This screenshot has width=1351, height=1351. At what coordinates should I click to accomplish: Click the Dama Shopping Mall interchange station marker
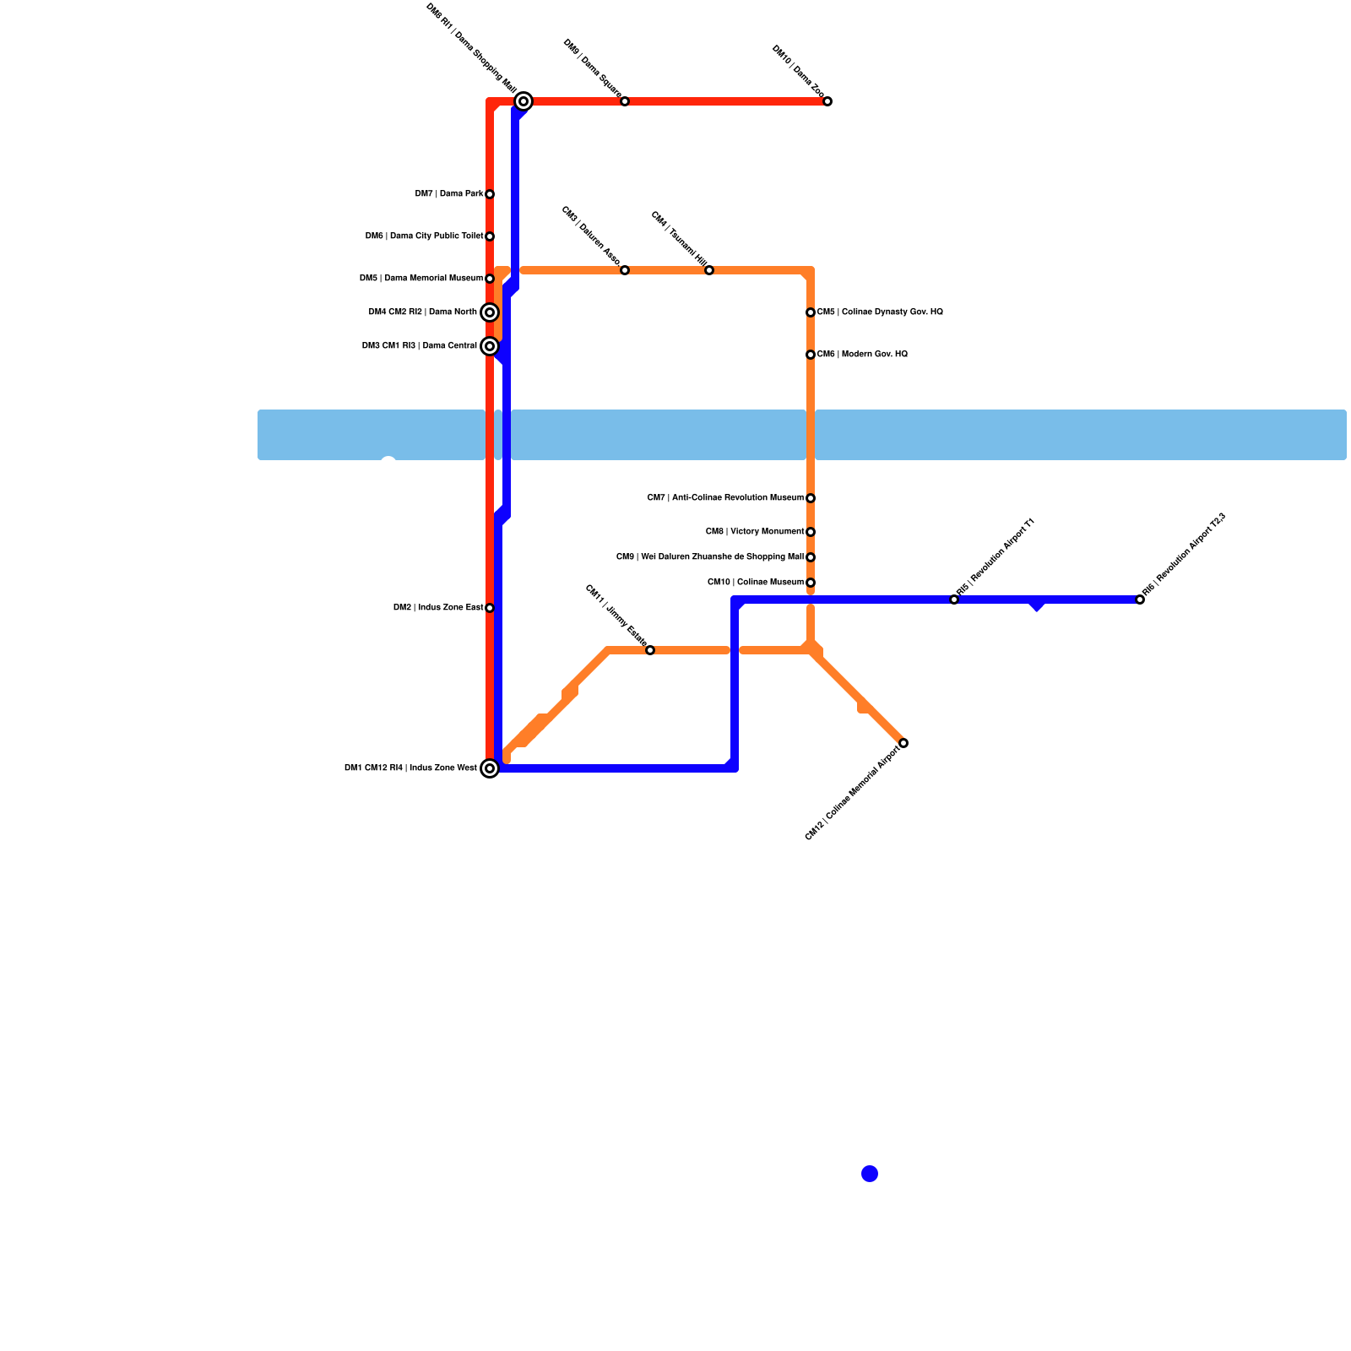[524, 101]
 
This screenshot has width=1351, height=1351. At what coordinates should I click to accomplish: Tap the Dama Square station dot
[625, 101]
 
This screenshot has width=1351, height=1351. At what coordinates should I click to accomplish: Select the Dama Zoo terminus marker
[827, 101]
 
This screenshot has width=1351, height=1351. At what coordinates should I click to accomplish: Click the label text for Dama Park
[449, 194]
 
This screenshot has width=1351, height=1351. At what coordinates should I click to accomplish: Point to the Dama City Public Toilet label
[424, 236]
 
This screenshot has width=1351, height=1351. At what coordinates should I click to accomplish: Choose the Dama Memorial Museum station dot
[490, 279]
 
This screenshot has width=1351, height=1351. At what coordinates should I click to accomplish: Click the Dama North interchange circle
[490, 312]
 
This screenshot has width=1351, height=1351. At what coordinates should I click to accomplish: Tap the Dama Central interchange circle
[490, 346]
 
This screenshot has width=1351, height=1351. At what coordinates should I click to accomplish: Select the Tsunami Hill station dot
[709, 270]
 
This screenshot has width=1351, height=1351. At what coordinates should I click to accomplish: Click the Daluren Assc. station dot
[625, 270]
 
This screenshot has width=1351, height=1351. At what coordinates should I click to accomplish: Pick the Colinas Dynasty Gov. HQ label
[880, 312]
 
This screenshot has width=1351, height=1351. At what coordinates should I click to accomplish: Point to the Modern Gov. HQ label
[862, 355]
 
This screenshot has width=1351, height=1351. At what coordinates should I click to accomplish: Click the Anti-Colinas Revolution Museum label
[725, 498]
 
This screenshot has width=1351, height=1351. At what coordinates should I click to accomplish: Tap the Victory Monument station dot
[811, 532]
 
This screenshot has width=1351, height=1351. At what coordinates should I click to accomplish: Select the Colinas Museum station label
[756, 583]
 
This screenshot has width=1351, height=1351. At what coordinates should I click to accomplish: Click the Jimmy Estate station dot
[650, 650]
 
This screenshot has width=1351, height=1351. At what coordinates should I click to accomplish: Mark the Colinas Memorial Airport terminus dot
[903, 743]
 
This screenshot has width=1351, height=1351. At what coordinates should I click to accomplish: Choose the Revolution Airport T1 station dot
[954, 600]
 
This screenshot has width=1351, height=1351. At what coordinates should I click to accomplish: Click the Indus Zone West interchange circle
[490, 768]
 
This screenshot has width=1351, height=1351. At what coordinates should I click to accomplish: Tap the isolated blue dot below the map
[870, 1174]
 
